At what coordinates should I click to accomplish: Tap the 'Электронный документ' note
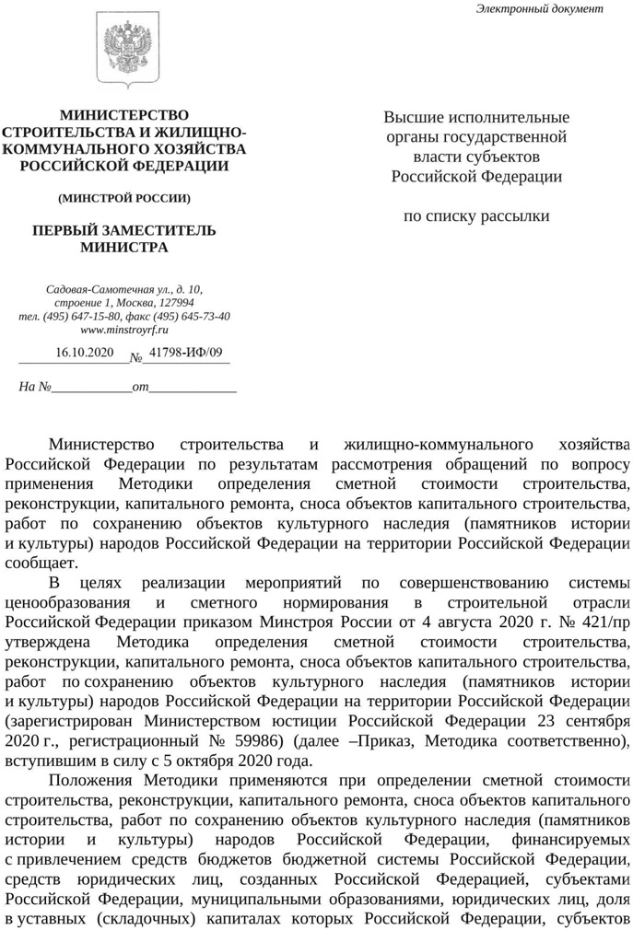pos(539,9)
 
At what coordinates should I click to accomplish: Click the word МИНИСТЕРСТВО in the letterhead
pos(123,115)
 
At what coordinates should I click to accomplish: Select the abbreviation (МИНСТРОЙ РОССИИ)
pos(123,198)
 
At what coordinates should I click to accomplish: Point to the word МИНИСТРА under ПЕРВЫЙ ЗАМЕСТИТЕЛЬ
pos(123,247)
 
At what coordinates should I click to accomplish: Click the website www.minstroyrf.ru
pos(124,329)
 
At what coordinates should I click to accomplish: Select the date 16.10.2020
pos(84,353)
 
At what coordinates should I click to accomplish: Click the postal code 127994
pos(175,303)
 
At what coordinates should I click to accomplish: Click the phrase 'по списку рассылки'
pos(476,216)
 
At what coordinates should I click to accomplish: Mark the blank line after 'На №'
pos(90,388)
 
